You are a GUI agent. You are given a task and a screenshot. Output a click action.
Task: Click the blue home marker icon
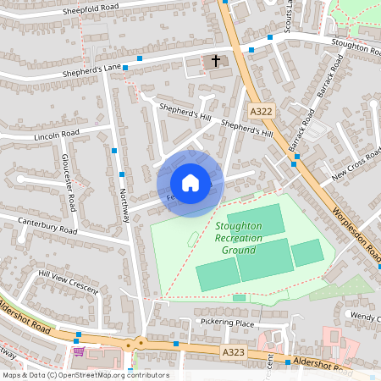click(190, 183)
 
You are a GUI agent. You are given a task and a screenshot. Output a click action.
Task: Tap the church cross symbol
click(216, 61)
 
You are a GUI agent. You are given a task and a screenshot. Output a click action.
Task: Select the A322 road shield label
click(260, 111)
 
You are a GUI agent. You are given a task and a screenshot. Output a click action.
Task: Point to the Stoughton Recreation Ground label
click(238, 238)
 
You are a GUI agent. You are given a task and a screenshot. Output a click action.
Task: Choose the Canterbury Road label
click(47, 225)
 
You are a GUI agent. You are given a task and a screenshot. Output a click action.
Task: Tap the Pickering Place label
click(228, 323)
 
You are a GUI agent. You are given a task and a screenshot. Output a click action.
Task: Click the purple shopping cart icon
click(80, 351)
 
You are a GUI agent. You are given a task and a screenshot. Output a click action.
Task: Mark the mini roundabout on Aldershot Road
click(141, 344)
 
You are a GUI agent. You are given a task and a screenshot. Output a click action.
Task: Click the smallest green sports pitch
click(239, 298)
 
